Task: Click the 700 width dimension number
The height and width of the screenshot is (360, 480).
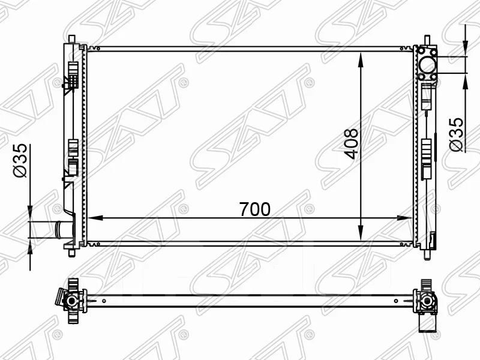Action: click(254, 209)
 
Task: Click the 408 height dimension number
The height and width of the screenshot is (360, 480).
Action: click(351, 144)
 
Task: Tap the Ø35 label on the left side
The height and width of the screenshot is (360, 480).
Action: click(20, 161)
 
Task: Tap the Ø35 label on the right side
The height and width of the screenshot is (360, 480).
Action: click(457, 134)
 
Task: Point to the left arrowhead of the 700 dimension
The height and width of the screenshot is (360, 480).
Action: click(95, 218)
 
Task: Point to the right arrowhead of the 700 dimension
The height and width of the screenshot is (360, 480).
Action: click(404, 218)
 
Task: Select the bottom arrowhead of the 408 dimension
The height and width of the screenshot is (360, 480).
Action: click(361, 233)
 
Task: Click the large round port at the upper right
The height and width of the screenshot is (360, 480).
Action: click(427, 65)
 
